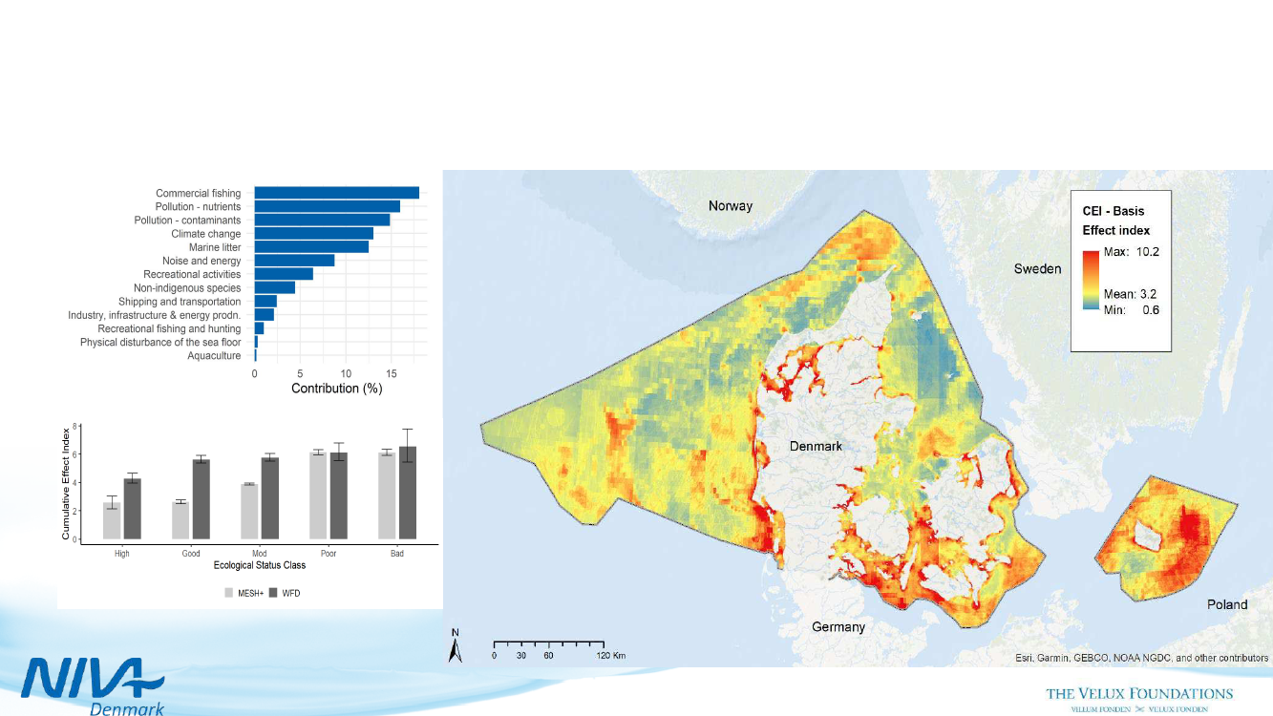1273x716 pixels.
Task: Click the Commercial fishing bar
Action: coord(336,193)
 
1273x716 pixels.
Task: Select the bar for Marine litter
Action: coord(311,247)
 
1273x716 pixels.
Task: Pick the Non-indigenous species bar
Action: coord(275,287)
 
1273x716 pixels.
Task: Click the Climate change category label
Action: coord(205,234)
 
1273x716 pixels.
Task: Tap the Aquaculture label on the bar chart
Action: coord(214,356)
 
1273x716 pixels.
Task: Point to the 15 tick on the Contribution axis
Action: coord(392,374)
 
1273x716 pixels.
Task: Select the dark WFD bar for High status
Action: coord(132,508)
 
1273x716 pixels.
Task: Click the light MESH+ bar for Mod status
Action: coord(249,512)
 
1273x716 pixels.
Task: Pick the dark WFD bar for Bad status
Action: coord(408,493)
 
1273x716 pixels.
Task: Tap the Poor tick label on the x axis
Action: coord(329,554)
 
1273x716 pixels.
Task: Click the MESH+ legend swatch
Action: coord(229,593)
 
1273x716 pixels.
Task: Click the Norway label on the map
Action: coord(730,206)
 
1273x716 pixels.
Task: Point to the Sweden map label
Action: coord(1037,269)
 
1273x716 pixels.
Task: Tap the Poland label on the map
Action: coord(1227,604)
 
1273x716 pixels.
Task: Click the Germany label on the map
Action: coord(838,627)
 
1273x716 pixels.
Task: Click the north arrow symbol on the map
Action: coord(456,648)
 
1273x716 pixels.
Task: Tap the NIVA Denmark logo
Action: coord(94,682)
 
